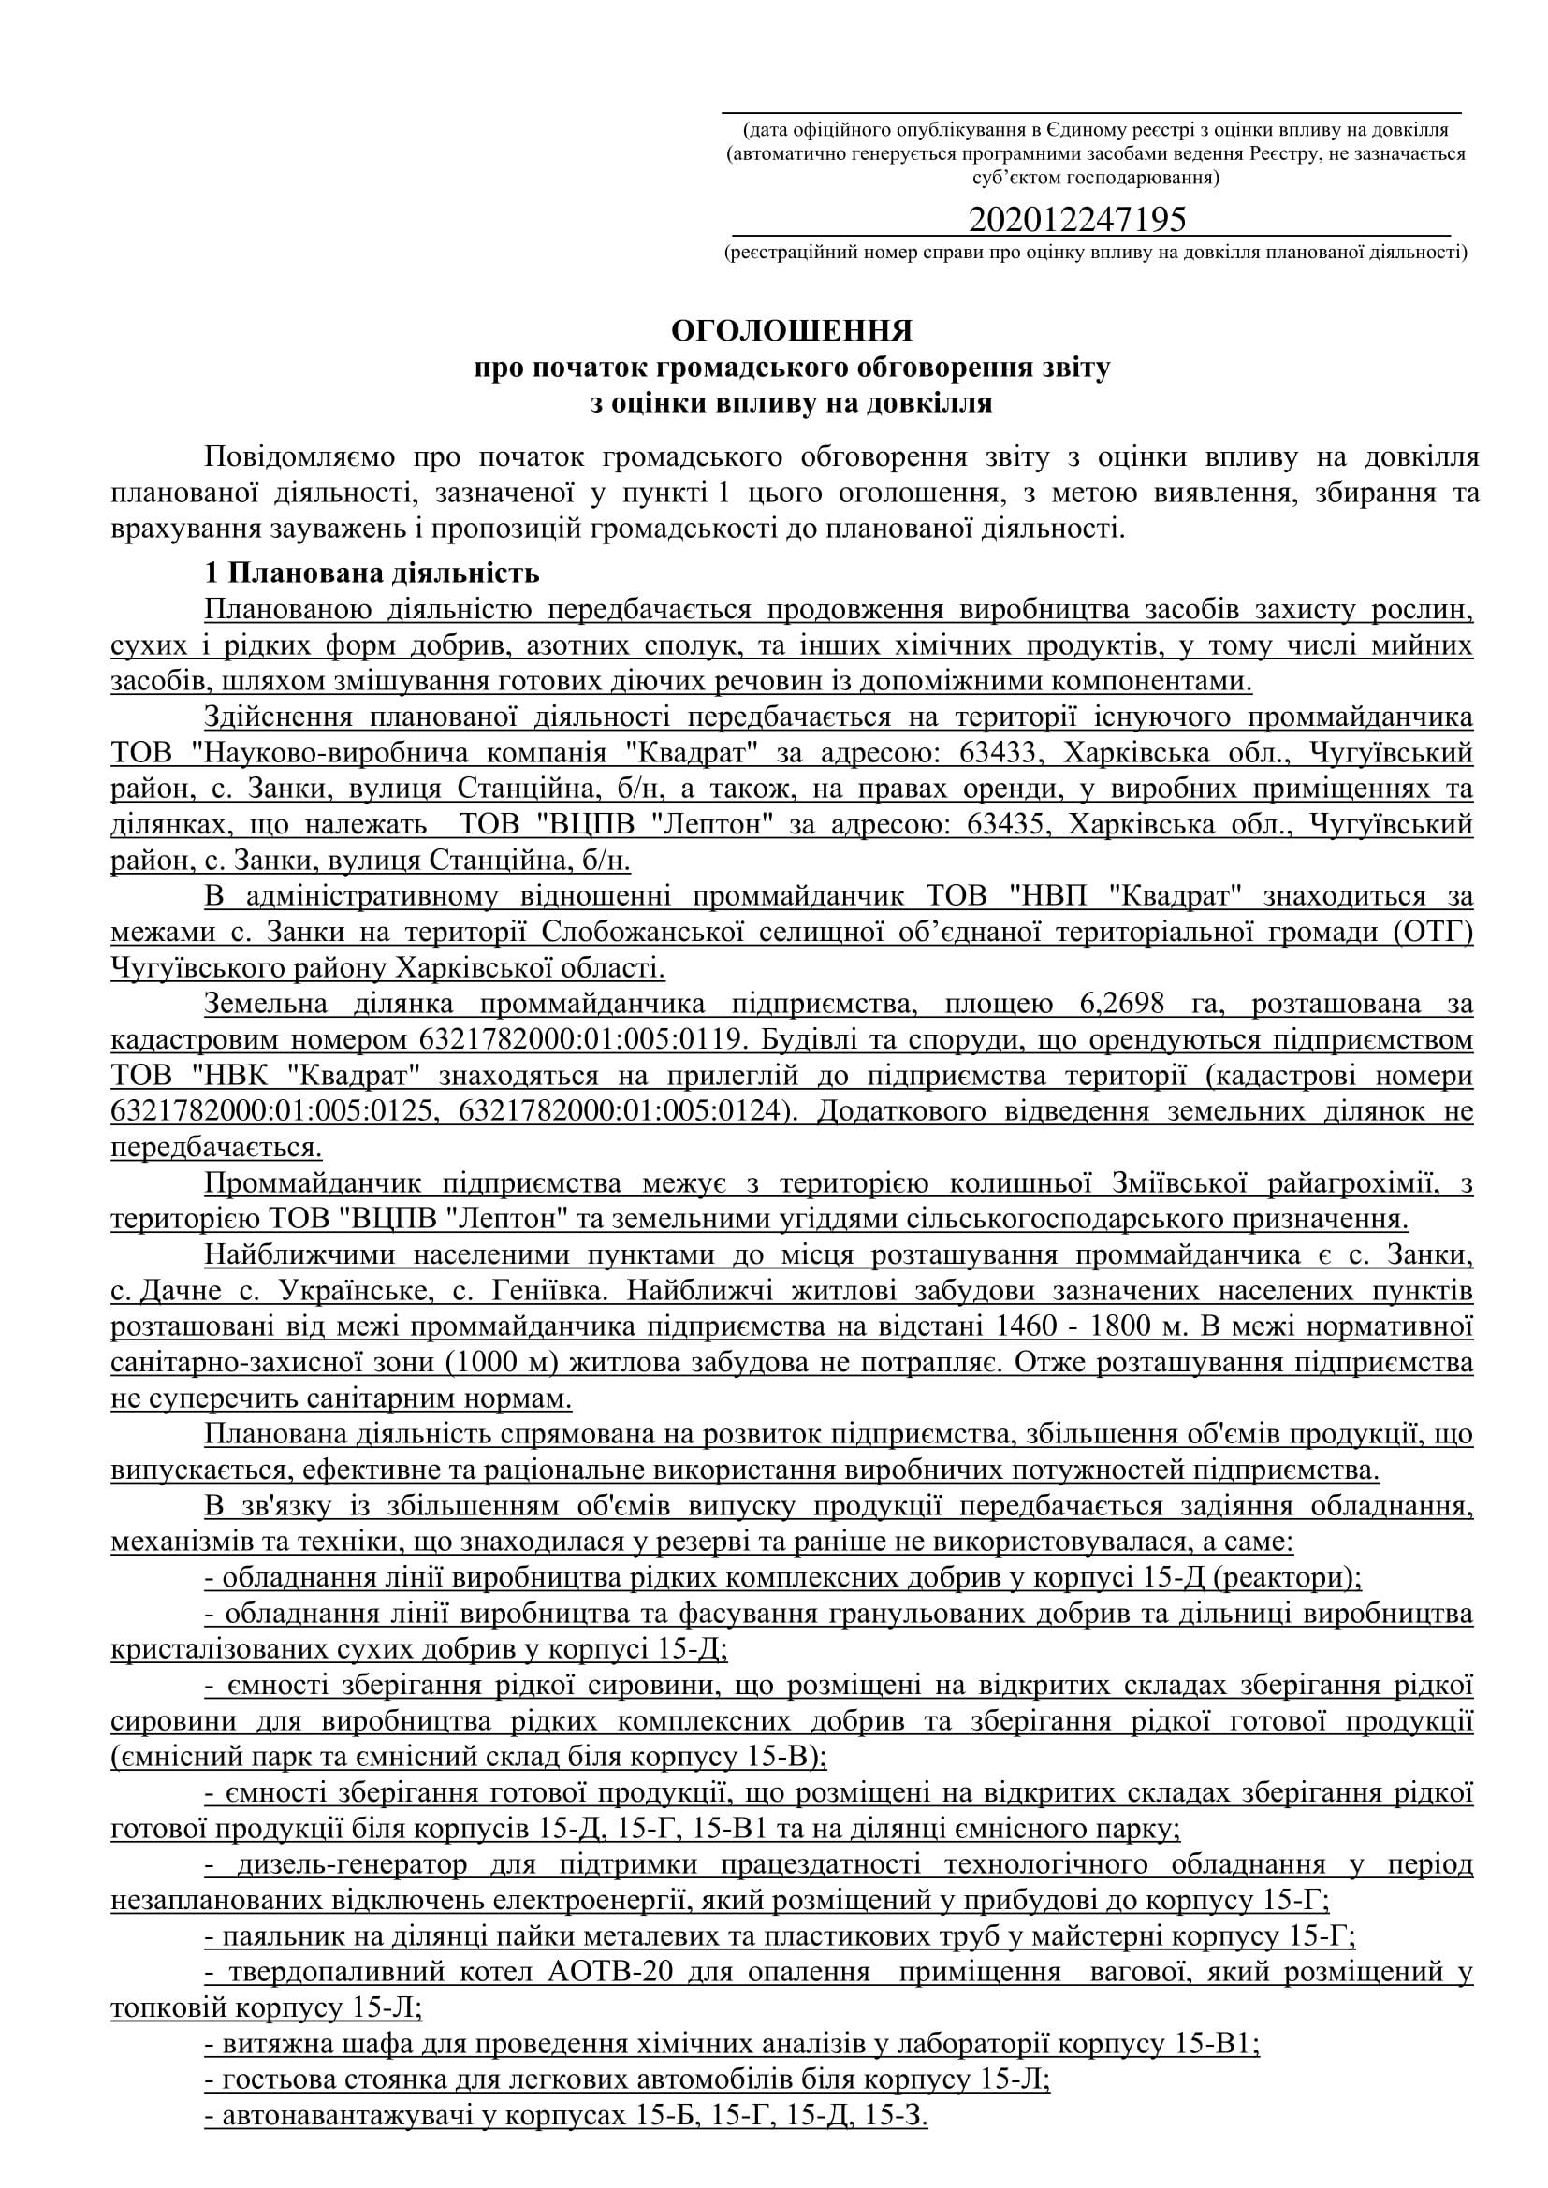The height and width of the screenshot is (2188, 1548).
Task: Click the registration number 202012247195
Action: [1077, 220]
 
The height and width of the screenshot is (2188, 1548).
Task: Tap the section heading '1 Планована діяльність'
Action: [372, 572]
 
